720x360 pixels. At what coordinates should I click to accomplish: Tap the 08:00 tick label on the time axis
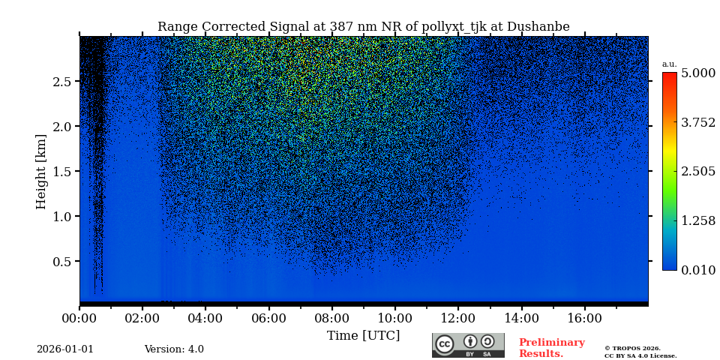click(331, 318)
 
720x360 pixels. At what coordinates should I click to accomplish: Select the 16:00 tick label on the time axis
click(584, 318)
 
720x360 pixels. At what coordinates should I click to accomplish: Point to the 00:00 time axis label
click(79, 318)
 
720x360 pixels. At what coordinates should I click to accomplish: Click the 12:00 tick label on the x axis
click(458, 318)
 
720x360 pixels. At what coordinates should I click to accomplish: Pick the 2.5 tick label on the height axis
click(61, 82)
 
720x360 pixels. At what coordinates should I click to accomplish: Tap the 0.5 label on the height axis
click(61, 262)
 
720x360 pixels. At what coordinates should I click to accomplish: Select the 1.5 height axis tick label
click(61, 172)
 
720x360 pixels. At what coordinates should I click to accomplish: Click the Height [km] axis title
click(41, 171)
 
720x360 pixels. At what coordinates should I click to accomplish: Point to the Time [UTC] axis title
click(363, 335)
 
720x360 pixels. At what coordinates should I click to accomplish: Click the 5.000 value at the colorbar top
click(697, 73)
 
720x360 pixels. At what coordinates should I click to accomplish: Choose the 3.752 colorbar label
click(697, 122)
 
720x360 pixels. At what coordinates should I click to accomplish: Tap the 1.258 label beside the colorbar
click(697, 220)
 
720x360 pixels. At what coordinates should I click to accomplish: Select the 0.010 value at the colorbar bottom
click(697, 270)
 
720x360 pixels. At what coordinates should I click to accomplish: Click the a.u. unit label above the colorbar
click(669, 64)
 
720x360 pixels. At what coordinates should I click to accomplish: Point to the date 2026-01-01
click(65, 349)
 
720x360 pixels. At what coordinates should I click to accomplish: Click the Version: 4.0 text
click(174, 349)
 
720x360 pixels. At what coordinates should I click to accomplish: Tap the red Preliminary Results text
click(551, 348)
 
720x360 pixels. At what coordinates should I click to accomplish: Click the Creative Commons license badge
click(468, 345)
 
